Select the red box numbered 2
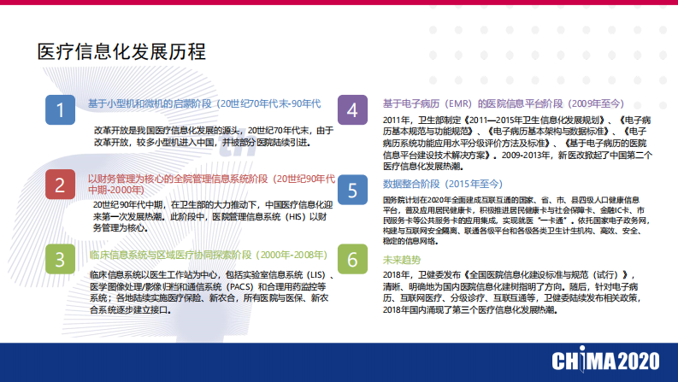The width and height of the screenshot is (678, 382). tap(60, 185)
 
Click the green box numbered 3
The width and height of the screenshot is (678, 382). tap(60, 259)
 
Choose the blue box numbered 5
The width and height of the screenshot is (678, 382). tap(352, 190)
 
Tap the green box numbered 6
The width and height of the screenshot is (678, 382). tap(352, 259)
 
